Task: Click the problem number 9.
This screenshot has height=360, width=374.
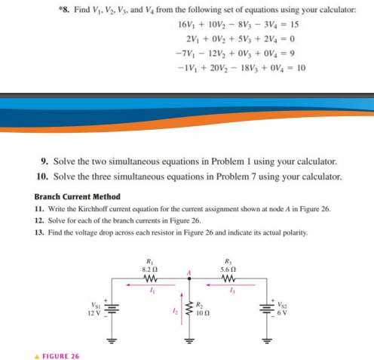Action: click(43, 162)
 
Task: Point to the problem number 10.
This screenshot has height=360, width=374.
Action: click(41, 176)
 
